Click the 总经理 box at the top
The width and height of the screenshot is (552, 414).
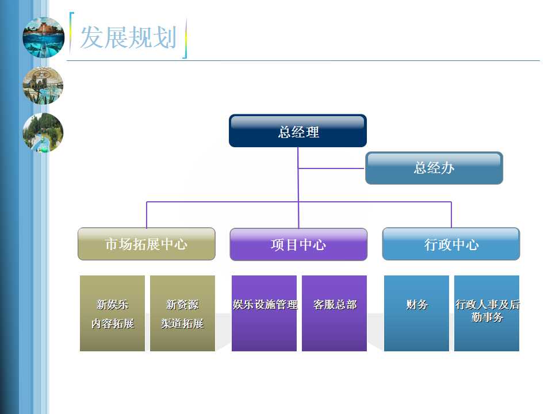click(298, 131)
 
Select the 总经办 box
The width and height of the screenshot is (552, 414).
click(434, 168)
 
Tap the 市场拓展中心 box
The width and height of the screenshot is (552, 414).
click(147, 244)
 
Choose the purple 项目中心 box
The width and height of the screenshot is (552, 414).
click(298, 244)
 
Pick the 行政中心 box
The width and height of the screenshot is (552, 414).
click(451, 244)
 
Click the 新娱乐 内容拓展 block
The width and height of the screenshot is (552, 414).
click(112, 313)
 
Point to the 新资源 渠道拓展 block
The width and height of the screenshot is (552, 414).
click(182, 313)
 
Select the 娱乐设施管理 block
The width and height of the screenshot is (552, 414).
click(264, 313)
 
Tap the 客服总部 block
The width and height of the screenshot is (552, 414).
click(335, 313)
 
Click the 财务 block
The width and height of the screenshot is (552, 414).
click(416, 313)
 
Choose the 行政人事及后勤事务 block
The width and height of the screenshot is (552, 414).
click(487, 313)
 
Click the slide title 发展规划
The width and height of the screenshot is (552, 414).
click(128, 37)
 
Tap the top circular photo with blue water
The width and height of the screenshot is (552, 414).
click(43, 37)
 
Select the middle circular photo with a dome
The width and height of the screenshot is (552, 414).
click(43, 86)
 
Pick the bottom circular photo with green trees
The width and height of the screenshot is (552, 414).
click(43, 133)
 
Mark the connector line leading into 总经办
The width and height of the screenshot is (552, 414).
click(332, 168)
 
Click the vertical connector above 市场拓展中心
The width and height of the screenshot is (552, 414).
click(147, 214)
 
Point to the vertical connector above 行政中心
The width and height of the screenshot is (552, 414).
click(451, 214)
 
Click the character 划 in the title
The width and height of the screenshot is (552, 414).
click(165, 37)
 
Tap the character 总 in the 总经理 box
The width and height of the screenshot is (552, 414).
click(285, 132)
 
